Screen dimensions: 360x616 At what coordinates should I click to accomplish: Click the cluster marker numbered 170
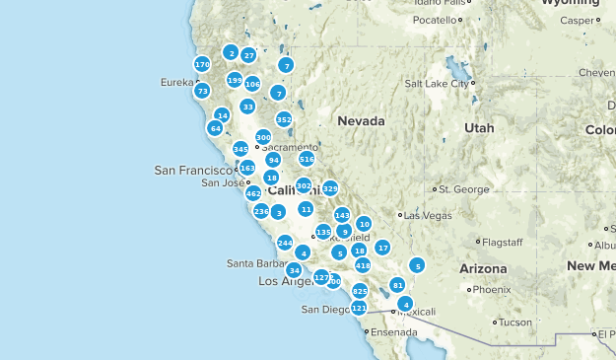click(x=202, y=64)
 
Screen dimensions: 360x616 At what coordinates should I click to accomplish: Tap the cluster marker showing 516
click(x=307, y=159)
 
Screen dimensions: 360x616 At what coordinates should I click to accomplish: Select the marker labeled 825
click(x=360, y=291)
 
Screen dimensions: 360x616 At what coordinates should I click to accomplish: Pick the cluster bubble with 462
click(x=253, y=193)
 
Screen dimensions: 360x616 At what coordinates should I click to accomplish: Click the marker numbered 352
click(x=284, y=119)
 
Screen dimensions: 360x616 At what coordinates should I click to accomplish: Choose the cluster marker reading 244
click(x=285, y=243)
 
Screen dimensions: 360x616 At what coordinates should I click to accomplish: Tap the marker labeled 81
click(x=398, y=285)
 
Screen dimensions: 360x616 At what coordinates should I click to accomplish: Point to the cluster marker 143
click(x=342, y=215)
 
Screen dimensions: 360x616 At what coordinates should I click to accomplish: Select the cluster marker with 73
click(x=202, y=91)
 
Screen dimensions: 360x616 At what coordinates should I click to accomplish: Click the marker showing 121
click(x=359, y=309)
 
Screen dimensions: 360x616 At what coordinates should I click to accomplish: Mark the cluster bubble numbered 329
click(x=330, y=188)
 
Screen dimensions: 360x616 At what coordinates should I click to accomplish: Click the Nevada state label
click(x=360, y=120)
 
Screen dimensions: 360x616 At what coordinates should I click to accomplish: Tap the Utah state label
click(x=479, y=128)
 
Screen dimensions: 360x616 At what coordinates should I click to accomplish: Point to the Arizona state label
click(x=482, y=268)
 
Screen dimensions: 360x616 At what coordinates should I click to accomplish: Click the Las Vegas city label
click(x=426, y=215)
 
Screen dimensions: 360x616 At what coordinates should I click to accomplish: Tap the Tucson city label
click(x=514, y=323)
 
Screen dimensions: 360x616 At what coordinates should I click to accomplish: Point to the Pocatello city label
click(x=435, y=20)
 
